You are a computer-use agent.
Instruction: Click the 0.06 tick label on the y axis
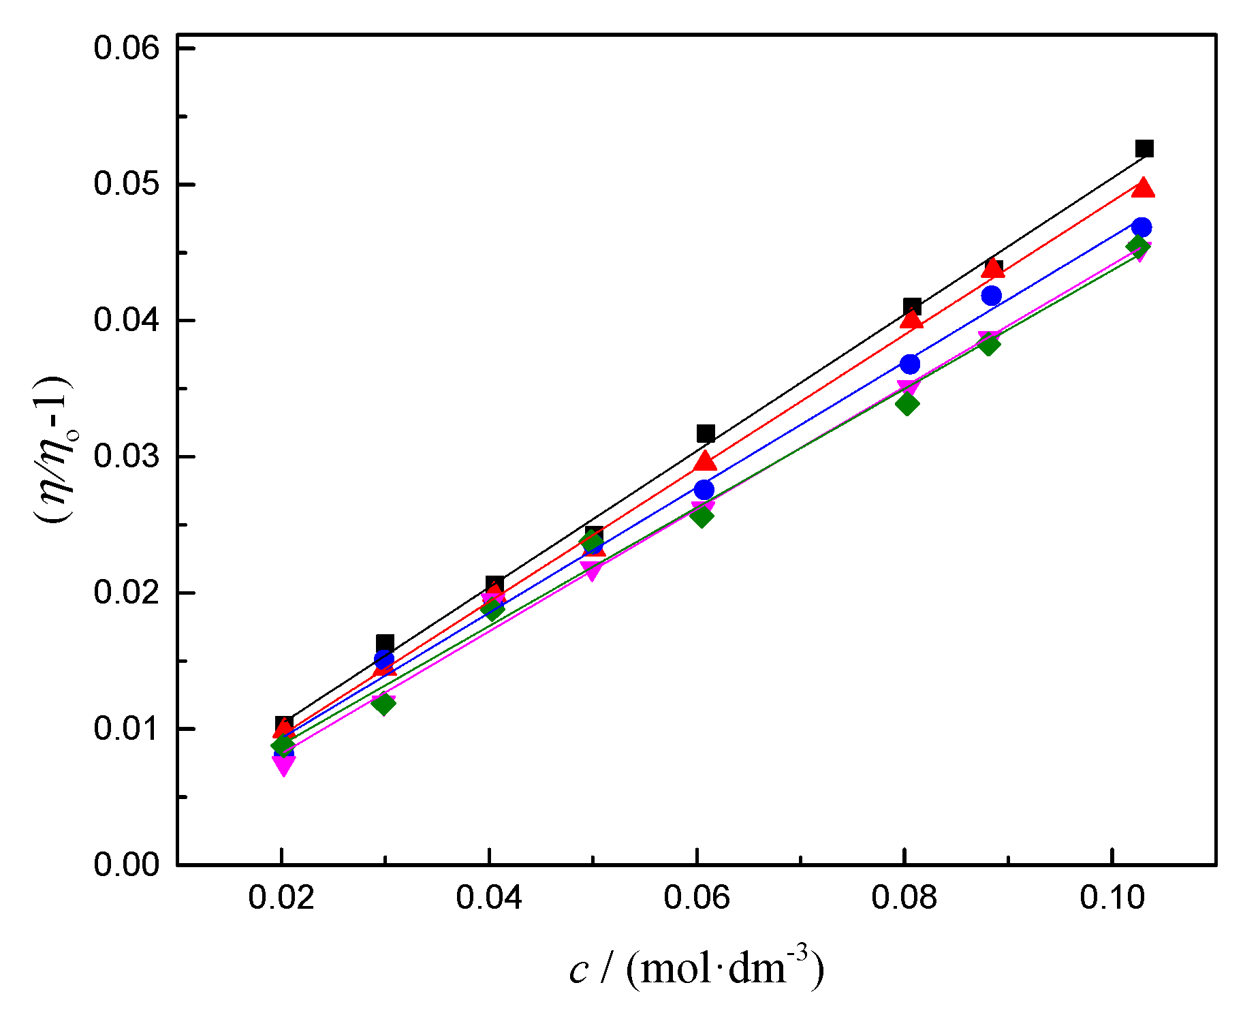(126, 48)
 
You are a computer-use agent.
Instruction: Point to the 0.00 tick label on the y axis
(126, 864)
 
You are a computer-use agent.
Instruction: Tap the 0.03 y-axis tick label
(126, 456)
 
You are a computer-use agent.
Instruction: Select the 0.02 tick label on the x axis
(281, 898)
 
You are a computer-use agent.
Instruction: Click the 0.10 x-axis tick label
(1112, 898)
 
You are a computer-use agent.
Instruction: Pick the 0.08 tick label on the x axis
(904, 898)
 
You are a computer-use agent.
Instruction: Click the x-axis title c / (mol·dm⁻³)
(696, 968)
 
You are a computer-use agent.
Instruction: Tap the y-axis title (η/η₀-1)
(53, 450)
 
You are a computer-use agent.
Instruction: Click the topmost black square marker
(1144, 149)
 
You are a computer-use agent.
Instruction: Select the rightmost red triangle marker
(1144, 189)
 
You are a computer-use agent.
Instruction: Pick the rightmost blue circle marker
(1142, 228)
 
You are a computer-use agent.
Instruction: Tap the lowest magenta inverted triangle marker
(284, 766)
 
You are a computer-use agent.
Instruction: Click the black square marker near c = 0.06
(706, 433)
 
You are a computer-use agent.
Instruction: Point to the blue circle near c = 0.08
(910, 364)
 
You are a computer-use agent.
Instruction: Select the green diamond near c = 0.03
(384, 703)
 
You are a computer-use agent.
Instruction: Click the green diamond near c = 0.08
(907, 404)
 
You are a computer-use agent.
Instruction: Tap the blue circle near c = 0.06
(704, 489)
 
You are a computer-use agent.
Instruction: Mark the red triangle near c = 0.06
(706, 462)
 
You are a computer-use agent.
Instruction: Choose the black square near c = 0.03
(385, 642)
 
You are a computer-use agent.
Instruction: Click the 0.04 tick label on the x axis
(489, 898)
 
